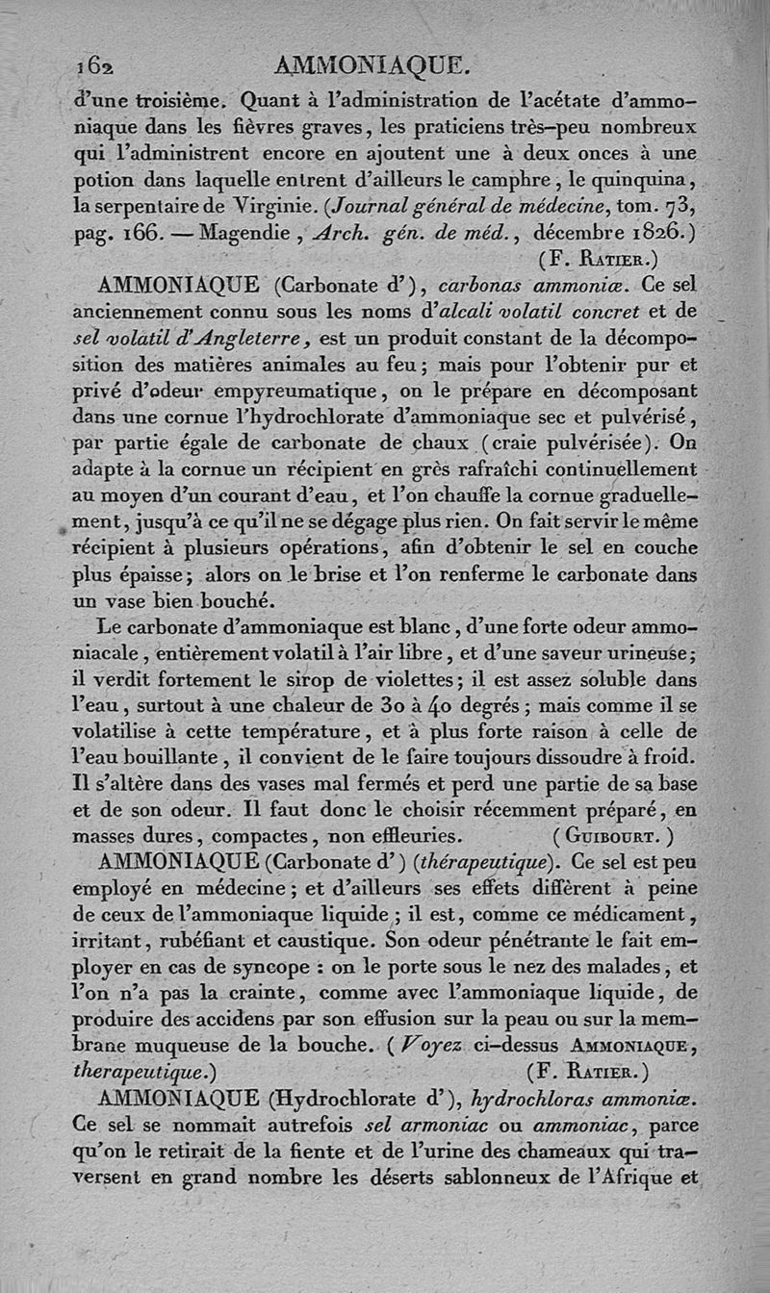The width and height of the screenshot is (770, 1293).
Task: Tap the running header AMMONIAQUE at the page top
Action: coord(372,65)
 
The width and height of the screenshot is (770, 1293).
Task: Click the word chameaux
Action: coord(543,1152)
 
